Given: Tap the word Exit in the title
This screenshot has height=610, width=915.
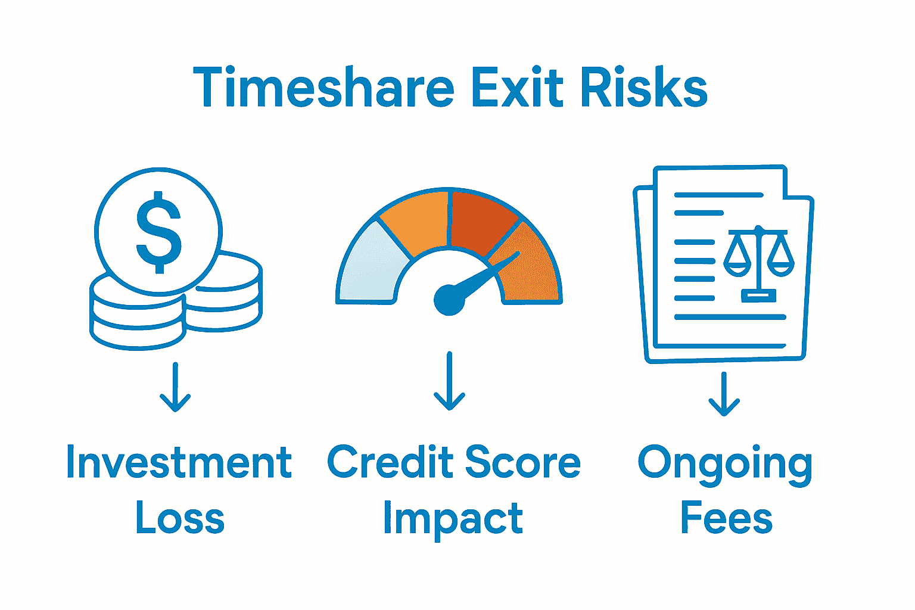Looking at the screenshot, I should click(x=516, y=88).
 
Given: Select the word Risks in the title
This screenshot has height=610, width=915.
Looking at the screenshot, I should click(x=643, y=88).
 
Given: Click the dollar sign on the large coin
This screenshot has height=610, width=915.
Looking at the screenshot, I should click(x=158, y=232).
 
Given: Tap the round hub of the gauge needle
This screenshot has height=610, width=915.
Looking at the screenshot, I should click(x=449, y=299).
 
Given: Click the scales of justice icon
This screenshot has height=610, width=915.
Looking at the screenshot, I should click(x=758, y=262).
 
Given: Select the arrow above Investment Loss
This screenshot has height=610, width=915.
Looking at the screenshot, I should click(x=175, y=387).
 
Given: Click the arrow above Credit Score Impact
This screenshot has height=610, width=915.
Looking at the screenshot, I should click(x=449, y=381).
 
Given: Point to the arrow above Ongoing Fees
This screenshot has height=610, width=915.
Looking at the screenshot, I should click(x=724, y=394).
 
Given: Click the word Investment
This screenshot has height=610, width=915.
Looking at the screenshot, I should click(x=179, y=463).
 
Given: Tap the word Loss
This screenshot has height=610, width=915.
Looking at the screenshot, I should click(x=180, y=517).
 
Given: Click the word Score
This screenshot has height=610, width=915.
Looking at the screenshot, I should click(x=522, y=463).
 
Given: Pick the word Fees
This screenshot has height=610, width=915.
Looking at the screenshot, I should click(x=726, y=517).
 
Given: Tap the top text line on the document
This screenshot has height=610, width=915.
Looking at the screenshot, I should click(x=718, y=195).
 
